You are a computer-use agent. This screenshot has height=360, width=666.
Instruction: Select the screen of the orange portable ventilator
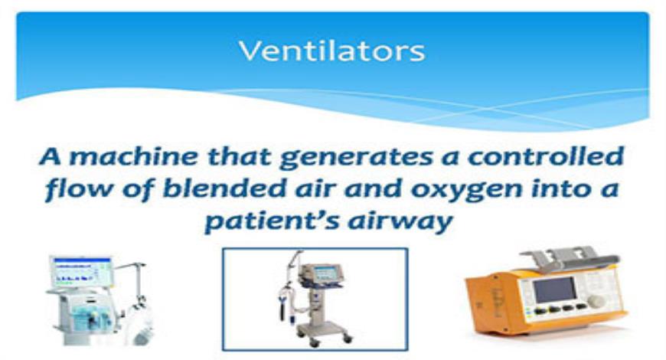(553, 290)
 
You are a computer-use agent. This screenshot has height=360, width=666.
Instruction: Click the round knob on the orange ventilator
(595, 301)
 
